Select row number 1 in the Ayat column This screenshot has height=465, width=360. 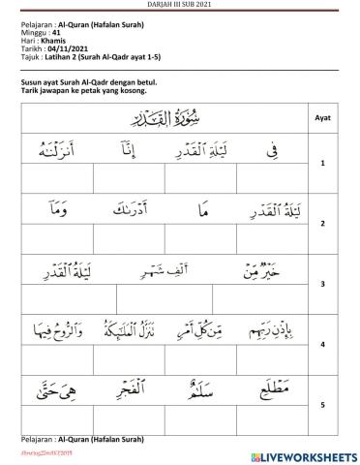coord(323,164)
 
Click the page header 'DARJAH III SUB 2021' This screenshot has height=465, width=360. coord(180,4)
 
